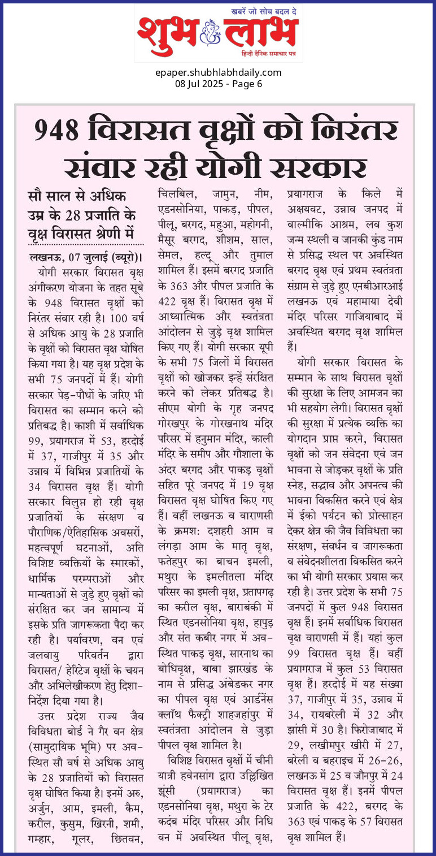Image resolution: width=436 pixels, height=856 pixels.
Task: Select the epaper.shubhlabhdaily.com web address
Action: (x=218, y=73)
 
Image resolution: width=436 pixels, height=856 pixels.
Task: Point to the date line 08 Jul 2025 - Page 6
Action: (x=218, y=84)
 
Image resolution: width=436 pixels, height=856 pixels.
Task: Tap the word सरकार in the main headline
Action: (x=326, y=168)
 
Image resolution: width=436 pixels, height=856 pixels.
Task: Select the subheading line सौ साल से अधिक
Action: (x=77, y=197)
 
